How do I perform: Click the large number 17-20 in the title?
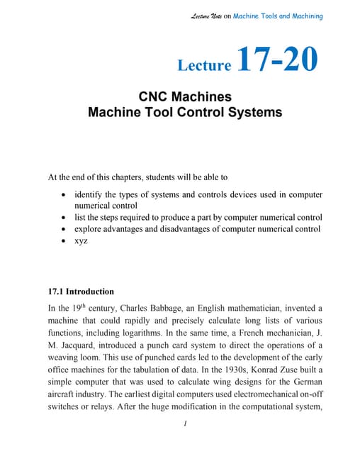point(278,61)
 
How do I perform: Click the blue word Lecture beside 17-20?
point(205,66)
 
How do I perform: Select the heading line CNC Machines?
point(184,96)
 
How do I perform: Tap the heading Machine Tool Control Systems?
point(184,112)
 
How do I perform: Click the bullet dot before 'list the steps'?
point(65,217)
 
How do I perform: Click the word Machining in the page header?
point(304,16)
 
